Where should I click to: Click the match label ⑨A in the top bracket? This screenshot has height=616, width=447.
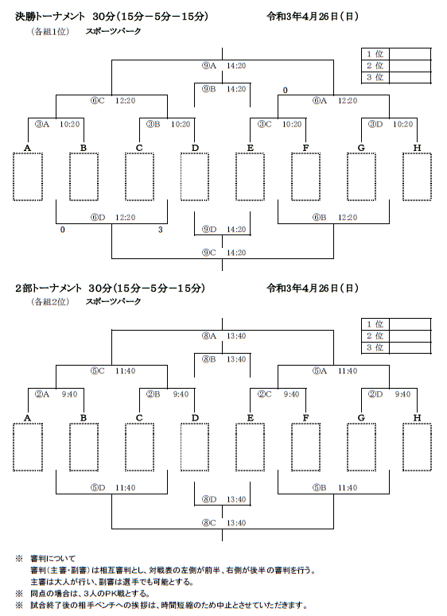tap(209, 66)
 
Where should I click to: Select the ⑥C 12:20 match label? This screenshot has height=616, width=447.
tap(113, 101)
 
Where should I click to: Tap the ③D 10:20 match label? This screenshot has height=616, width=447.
tap(391, 124)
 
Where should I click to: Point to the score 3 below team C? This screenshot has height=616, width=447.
tap(161, 230)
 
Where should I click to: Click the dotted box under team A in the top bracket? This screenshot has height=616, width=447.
tap(28, 176)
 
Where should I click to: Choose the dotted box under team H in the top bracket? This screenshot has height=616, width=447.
tap(417, 176)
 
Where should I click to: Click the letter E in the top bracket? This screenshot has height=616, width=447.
tap(251, 148)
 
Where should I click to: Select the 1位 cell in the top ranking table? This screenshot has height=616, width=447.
tap(375, 54)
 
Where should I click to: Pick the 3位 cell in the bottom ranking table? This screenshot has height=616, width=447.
tap(375, 347)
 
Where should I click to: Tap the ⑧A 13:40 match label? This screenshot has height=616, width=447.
tap(223, 336)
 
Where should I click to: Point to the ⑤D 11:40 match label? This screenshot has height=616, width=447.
tap(113, 488)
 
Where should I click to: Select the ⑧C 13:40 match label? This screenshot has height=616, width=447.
tap(223, 523)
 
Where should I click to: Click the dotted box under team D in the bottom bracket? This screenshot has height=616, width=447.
tap(195, 447)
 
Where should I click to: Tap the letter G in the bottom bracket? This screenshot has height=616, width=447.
tap(361, 417)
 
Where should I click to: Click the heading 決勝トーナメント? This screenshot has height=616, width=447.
tap(50, 17)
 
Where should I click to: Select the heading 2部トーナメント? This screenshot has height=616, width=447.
tap(49, 288)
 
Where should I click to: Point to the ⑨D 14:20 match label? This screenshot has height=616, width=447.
tap(223, 230)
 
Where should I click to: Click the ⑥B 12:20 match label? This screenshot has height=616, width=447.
tap(335, 217)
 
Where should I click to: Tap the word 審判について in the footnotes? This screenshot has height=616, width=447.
tap(52, 558)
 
